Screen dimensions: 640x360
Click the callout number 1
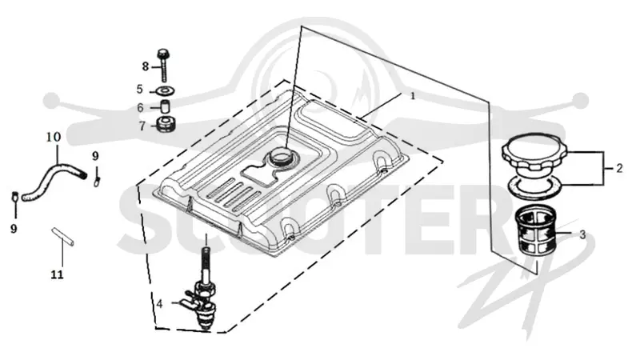[x=413, y=96]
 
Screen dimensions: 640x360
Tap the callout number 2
[x=619, y=168]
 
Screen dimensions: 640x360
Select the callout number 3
[x=582, y=234]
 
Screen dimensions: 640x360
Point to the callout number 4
[x=159, y=304]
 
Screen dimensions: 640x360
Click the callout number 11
[x=57, y=274]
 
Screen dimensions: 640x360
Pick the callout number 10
[x=54, y=137]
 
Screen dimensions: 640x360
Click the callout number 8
[x=146, y=66]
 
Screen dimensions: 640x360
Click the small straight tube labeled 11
[x=63, y=237]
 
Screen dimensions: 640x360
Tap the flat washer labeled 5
[x=166, y=90]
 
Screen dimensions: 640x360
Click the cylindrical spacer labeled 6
[x=166, y=107]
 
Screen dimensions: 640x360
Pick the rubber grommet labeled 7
[x=166, y=124]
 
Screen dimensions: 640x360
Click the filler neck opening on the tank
[x=282, y=156]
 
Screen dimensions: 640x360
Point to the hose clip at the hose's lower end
[x=14, y=196]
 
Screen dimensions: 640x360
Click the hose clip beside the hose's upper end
[x=97, y=178]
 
